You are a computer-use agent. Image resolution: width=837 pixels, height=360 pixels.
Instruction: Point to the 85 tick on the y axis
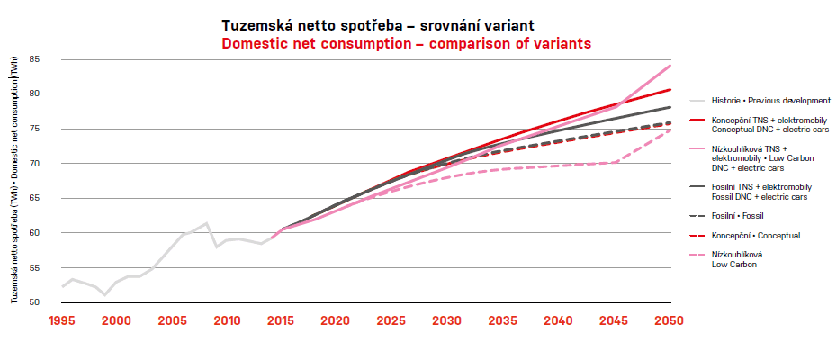(x=35, y=59)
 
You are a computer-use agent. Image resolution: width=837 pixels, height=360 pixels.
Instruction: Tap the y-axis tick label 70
(x=35, y=164)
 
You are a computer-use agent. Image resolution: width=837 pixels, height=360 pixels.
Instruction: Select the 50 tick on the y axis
(x=35, y=302)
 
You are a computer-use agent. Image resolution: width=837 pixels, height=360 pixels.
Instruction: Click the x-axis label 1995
(x=62, y=321)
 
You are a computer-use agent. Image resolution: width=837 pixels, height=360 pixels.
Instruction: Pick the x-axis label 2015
(x=281, y=321)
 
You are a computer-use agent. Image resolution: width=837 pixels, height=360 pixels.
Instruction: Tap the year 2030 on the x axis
(x=447, y=321)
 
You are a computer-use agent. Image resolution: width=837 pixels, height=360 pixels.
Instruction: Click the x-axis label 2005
(x=172, y=321)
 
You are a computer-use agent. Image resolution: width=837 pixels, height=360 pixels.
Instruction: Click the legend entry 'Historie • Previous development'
(x=770, y=101)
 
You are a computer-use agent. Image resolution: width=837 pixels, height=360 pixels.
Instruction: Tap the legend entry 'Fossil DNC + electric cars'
(x=759, y=196)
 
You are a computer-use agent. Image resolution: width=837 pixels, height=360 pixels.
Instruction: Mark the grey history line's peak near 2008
(x=207, y=223)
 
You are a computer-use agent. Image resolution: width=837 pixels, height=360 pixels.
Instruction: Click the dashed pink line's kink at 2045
(x=616, y=162)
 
